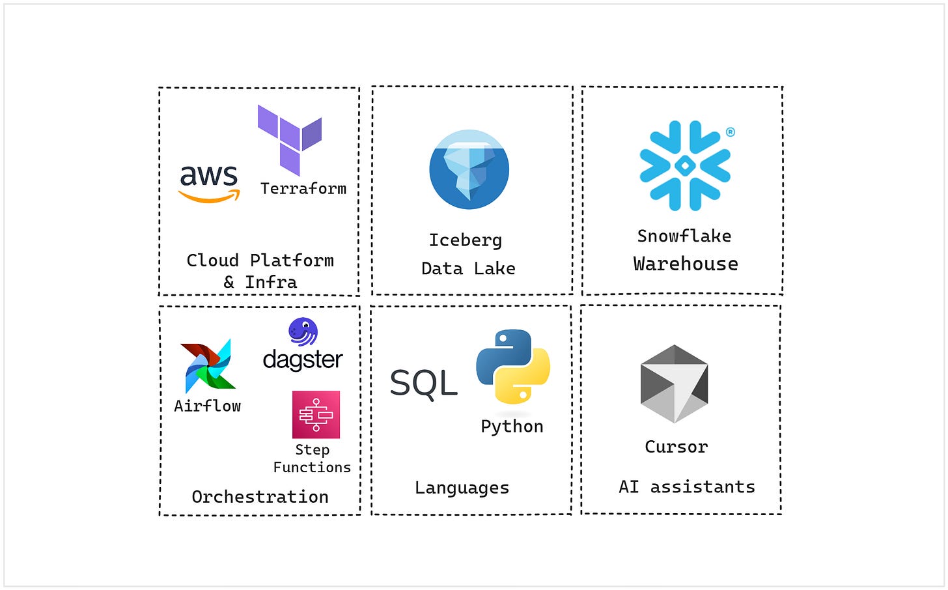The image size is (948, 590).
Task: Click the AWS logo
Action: pyautogui.click(x=209, y=183)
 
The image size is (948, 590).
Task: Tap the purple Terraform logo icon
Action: pyautogui.click(x=289, y=139)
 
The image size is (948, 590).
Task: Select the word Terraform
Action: pyautogui.click(x=303, y=189)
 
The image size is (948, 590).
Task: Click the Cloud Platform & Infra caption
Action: pyautogui.click(x=260, y=271)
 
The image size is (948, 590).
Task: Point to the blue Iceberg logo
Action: pyautogui.click(x=469, y=169)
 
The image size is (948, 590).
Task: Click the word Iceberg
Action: pyautogui.click(x=466, y=240)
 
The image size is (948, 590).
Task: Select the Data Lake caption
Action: pyautogui.click(x=468, y=268)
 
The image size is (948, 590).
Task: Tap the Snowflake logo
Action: pyautogui.click(x=684, y=166)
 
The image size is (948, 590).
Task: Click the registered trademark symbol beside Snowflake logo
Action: pyautogui.click(x=731, y=132)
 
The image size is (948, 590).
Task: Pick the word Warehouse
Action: pyautogui.click(x=686, y=264)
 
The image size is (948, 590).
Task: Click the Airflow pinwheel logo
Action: pyautogui.click(x=208, y=366)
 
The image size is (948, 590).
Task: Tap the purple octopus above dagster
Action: pyautogui.click(x=303, y=331)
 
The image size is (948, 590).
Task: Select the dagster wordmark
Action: pyautogui.click(x=303, y=359)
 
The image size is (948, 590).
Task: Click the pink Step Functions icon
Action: pyautogui.click(x=316, y=414)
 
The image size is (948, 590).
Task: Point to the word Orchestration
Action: pyautogui.click(x=260, y=497)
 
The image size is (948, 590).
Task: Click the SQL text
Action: pyautogui.click(x=424, y=383)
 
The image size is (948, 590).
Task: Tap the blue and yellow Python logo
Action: pyautogui.click(x=513, y=367)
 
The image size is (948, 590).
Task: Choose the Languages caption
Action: pyautogui.click(x=462, y=488)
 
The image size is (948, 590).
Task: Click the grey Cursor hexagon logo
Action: pyautogui.click(x=675, y=384)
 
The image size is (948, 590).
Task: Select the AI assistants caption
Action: pyautogui.click(x=686, y=487)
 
